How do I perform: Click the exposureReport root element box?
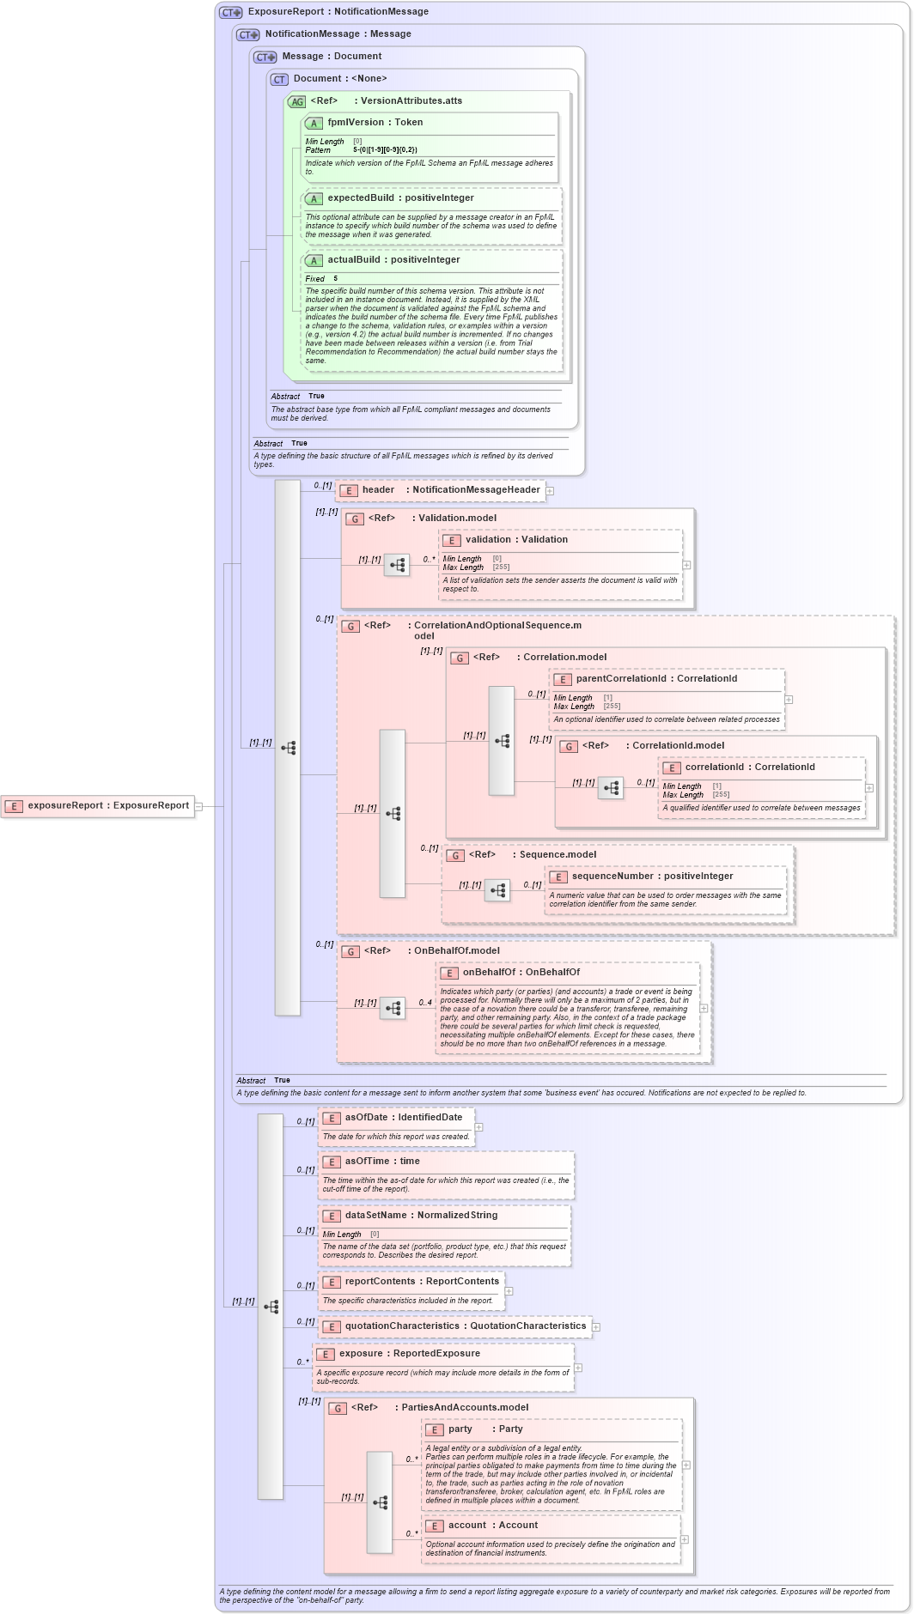pyautogui.click(x=98, y=806)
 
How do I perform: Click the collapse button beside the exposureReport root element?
pyautogui.click(x=198, y=806)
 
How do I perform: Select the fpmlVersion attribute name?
pyautogui.click(x=375, y=123)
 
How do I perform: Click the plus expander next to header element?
pyautogui.click(x=550, y=491)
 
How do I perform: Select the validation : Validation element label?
pyautogui.click(x=516, y=540)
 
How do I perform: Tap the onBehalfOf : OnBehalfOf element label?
pyautogui.click(x=521, y=973)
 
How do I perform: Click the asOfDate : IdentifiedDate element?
pyautogui.click(x=403, y=1118)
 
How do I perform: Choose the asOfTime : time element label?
pyautogui.click(x=382, y=1162)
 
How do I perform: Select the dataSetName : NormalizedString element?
pyautogui.click(x=421, y=1216)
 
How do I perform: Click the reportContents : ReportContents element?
pyautogui.click(x=421, y=1282)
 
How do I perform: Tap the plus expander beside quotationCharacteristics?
pyautogui.click(x=596, y=1327)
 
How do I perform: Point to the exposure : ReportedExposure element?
pyautogui.click(x=409, y=1354)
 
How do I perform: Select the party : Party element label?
pyautogui.click(x=484, y=1429)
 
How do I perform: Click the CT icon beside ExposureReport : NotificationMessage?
pyautogui.click(x=231, y=12)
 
